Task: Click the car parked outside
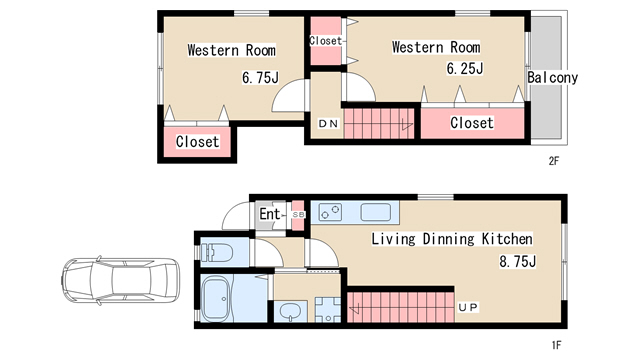pos(120,280)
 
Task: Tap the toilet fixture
pos(217,252)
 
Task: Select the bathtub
pos(217,299)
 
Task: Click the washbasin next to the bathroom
pos(290,312)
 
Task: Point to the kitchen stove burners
pos(330,213)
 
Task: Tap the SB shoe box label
pos(298,215)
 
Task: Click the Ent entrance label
pos(270,213)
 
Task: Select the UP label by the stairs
pos(468,307)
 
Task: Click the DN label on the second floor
pos(328,123)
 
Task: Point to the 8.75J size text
pos(517,261)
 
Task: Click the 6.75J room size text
pos(260,77)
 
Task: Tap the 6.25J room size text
pos(464,69)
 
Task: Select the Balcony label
pos(553,78)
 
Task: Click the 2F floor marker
pos(553,161)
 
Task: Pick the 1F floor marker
pos(556,345)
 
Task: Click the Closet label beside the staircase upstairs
pos(472,122)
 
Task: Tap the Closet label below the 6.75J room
pos(198,142)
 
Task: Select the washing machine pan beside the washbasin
pos(328,310)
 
